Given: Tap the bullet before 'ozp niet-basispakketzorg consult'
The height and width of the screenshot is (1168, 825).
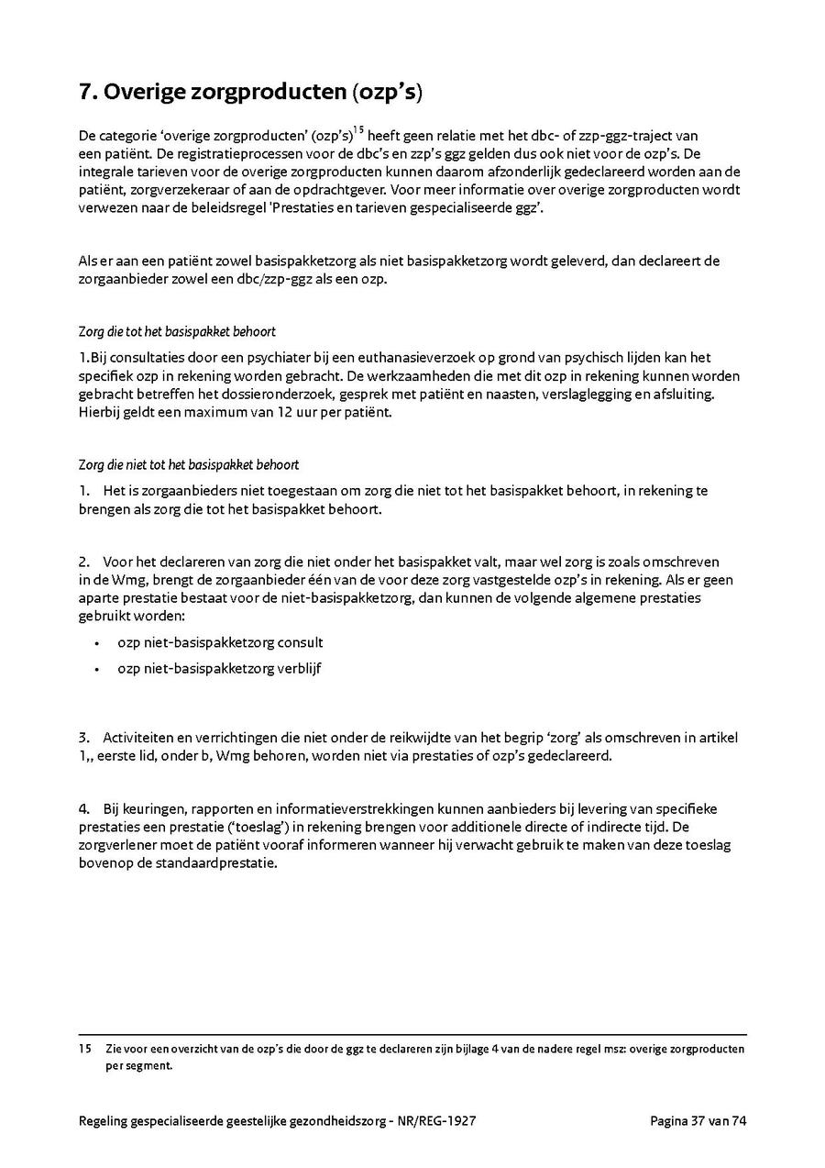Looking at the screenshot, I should click(x=97, y=643).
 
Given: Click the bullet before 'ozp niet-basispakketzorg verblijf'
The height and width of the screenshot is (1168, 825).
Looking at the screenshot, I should click(x=97, y=669).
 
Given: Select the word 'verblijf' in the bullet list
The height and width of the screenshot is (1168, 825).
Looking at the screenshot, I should click(x=300, y=668).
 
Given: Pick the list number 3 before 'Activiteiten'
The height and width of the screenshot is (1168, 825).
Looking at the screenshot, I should click(x=83, y=738).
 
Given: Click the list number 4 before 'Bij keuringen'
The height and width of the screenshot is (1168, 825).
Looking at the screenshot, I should click(x=83, y=808).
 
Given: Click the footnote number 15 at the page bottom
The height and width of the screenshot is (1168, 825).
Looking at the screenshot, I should click(x=84, y=1049).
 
